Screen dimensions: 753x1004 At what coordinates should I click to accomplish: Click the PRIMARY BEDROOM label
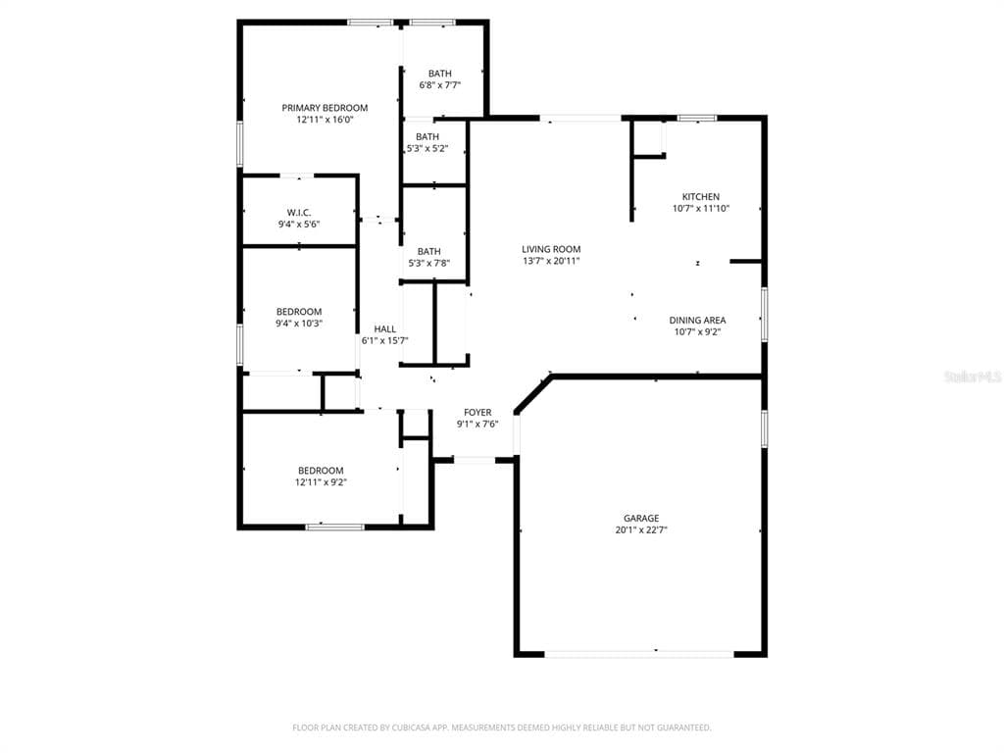pyautogui.click(x=325, y=108)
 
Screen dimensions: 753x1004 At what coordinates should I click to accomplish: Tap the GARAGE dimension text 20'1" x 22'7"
pyautogui.click(x=641, y=529)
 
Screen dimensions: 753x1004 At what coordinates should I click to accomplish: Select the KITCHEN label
pyautogui.click(x=700, y=196)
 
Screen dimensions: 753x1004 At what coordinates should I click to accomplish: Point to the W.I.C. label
pyautogui.click(x=299, y=212)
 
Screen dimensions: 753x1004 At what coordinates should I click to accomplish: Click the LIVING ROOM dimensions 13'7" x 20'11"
pyautogui.click(x=551, y=261)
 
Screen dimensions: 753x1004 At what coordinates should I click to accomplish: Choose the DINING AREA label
pyautogui.click(x=697, y=320)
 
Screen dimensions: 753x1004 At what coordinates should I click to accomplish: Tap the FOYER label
pyautogui.click(x=477, y=412)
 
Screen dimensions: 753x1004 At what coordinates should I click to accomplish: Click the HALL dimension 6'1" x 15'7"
pyautogui.click(x=384, y=340)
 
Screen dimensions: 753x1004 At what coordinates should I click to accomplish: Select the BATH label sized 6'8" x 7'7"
pyautogui.click(x=440, y=74)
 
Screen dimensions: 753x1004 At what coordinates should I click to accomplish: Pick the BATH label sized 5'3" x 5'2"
pyautogui.click(x=427, y=136)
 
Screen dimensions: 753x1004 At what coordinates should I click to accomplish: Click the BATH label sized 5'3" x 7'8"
pyautogui.click(x=428, y=251)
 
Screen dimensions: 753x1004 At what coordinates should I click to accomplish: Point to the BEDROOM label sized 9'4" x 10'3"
pyautogui.click(x=298, y=312)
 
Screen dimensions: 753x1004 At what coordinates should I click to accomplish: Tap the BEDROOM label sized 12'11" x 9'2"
pyautogui.click(x=321, y=471)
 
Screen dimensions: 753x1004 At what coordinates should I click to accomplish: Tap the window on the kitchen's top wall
pyautogui.click(x=696, y=119)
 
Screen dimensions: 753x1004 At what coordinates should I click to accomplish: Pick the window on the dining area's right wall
pyautogui.click(x=764, y=314)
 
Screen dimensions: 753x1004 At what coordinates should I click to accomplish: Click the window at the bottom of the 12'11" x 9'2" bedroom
pyautogui.click(x=334, y=527)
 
